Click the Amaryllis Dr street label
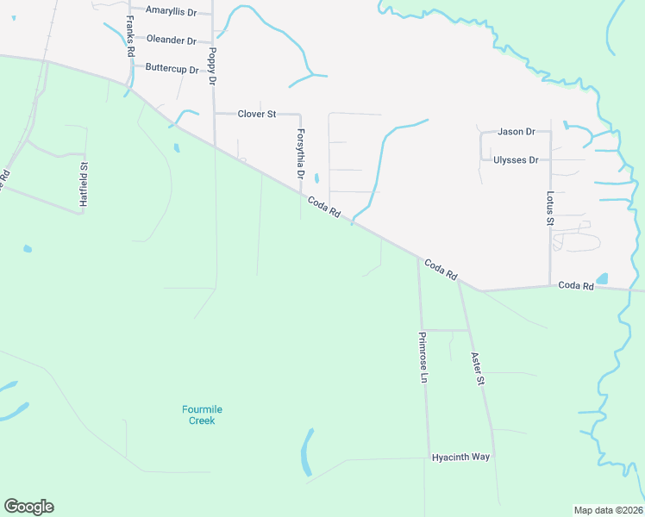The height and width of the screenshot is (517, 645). pos(171,11)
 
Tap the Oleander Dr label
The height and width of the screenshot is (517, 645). pos(171,40)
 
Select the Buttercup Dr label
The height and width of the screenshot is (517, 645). pos(172,67)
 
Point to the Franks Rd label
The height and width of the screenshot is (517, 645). pos(130,36)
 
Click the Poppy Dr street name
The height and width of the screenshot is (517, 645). pos(211,65)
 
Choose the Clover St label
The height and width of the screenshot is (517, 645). pos(256,114)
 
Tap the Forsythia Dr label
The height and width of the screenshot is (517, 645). pos(301,153)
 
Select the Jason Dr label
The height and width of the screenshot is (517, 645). pos(517,132)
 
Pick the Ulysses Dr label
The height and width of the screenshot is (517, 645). pos(516,160)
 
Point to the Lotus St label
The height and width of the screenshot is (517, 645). pos(549,209)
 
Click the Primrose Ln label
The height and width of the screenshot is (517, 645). pos(423,358)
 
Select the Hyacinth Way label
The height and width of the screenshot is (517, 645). pos(460,458)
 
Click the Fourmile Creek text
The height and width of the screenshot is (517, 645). pos(198,414)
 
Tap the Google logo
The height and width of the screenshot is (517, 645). pos(28,507)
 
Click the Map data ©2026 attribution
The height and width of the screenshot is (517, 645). pos(608,510)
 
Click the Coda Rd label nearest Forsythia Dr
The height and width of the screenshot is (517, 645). pos(323,208)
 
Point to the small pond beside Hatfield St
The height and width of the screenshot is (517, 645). pos(28,249)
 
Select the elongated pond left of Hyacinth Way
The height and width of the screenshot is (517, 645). pos(306,452)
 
